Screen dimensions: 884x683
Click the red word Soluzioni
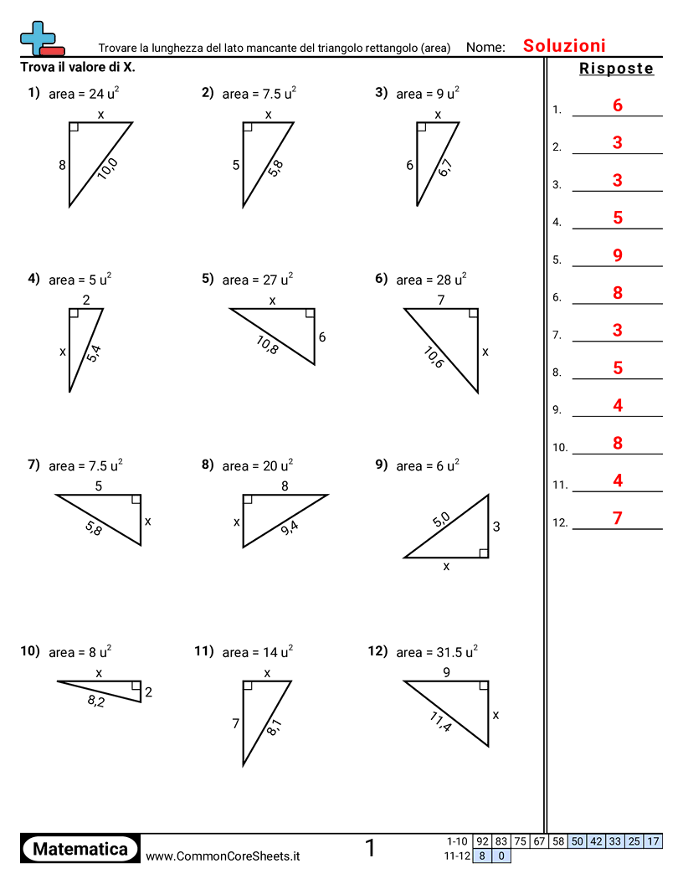[x=564, y=46]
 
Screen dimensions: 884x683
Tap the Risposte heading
[x=616, y=69]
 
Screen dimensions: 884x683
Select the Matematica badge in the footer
[x=80, y=849]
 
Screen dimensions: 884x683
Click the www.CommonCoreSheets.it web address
[x=223, y=856]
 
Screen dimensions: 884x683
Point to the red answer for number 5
[x=618, y=255]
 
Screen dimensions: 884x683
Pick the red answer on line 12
[x=618, y=518]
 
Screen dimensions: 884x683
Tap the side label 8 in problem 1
[x=62, y=165]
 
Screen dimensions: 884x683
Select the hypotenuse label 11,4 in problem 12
[x=439, y=722]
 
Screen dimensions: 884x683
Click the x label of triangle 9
[x=446, y=567]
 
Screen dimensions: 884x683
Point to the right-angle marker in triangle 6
[x=473, y=314]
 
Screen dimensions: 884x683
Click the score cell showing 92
[x=482, y=841]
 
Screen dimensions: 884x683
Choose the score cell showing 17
[x=653, y=841]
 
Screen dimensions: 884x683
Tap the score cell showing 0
[x=501, y=856]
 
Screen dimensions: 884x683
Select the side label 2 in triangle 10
[x=148, y=692]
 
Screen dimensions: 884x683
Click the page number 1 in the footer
[x=370, y=849]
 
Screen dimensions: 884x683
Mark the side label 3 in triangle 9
[x=496, y=527]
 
